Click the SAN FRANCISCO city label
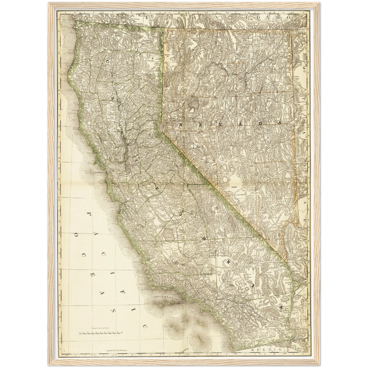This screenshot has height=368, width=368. tap(100, 173)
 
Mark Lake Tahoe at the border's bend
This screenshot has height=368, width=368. tap(160, 127)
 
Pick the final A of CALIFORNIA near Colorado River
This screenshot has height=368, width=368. tap(281, 307)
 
